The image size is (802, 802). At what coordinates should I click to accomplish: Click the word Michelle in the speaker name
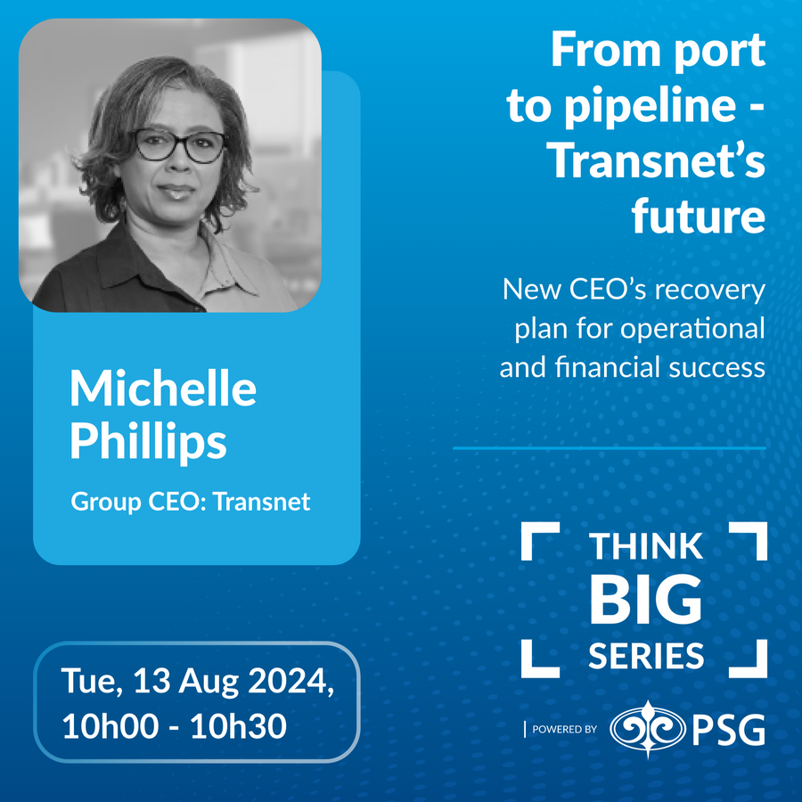(x=163, y=388)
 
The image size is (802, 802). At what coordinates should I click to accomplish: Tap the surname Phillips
(x=148, y=442)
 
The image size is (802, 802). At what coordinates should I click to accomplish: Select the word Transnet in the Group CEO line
(x=261, y=501)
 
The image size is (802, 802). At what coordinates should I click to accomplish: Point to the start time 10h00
(x=110, y=725)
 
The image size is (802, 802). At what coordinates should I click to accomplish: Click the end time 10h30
(x=238, y=725)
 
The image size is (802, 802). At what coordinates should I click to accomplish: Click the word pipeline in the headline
(x=651, y=106)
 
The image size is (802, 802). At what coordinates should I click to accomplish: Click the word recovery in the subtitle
(x=710, y=290)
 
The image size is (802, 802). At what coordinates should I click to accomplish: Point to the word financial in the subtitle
(x=607, y=367)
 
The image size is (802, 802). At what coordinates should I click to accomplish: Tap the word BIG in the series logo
(x=645, y=599)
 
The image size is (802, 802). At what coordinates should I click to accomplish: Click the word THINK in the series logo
(x=645, y=546)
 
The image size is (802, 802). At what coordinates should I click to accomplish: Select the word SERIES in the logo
(x=646, y=656)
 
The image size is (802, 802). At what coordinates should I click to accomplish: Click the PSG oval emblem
(x=648, y=729)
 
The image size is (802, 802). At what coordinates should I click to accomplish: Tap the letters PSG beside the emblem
(x=729, y=729)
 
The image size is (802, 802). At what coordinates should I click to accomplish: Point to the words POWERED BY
(x=564, y=729)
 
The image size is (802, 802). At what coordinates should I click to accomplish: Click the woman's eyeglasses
(x=179, y=145)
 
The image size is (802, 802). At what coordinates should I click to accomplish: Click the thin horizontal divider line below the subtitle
(x=610, y=448)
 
